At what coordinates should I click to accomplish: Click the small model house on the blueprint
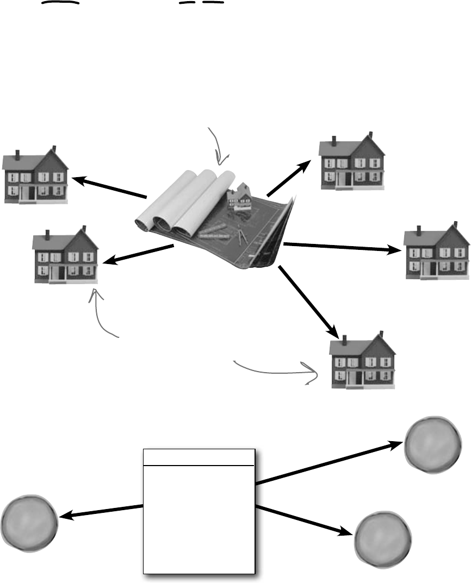pos(239,197)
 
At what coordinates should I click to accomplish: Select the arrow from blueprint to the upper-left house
pos(109,186)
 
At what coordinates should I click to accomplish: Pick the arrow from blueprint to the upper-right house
pos(290,177)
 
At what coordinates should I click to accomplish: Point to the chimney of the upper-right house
pos(333,141)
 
